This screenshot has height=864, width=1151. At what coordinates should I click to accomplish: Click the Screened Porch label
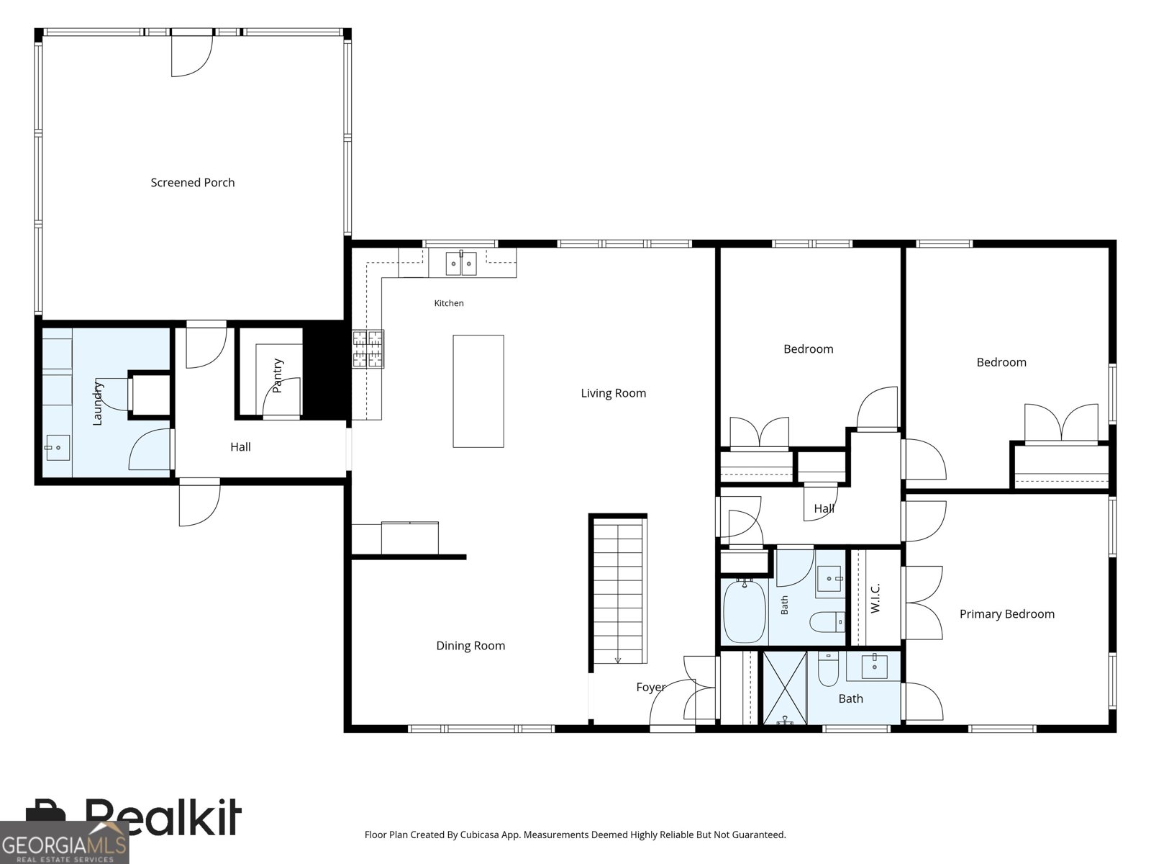pyautogui.click(x=193, y=183)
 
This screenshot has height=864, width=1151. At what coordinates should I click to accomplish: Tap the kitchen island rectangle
pyautogui.click(x=478, y=392)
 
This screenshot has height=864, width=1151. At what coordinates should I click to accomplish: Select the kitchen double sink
pyautogui.click(x=461, y=264)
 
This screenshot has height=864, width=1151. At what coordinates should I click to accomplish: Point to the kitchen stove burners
pyautogui.click(x=368, y=348)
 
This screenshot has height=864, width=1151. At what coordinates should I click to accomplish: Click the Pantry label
pyautogui.click(x=278, y=376)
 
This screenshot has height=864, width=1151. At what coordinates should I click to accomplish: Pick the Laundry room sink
pyautogui.click(x=58, y=447)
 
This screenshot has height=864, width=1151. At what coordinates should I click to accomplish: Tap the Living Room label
pyautogui.click(x=613, y=393)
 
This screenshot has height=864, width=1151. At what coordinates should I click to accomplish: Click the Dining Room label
pyautogui.click(x=470, y=645)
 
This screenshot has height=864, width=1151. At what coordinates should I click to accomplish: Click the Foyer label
pyautogui.click(x=651, y=687)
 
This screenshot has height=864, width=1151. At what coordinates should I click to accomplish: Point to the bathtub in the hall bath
pyautogui.click(x=745, y=612)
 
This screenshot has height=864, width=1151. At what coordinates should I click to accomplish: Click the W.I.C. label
pyautogui.click(x=875, y=598)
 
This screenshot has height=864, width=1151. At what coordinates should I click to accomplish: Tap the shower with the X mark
pyautogui.click(x=784, y=688)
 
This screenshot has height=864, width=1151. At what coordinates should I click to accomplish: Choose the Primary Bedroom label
pyautogui.click(x=1007, y=613)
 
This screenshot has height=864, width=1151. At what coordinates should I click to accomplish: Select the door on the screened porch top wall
pyautogui.click(x=192, y=53)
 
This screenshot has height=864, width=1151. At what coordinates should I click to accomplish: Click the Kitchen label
pyautogui.click(x=449, y=303)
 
